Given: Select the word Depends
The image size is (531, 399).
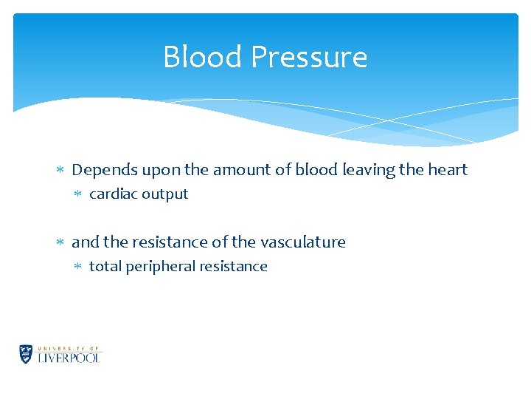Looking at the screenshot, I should point(105,170).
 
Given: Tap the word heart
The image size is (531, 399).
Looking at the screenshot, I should point(448,170).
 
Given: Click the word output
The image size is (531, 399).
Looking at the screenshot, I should point(165,194).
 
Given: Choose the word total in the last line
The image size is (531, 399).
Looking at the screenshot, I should point(105,267).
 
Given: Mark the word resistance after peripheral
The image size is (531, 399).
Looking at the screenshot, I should point(233,267).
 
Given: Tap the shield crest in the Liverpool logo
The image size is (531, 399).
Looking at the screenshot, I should point(27,355).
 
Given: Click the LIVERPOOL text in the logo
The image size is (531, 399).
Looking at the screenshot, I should point(69,358).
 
